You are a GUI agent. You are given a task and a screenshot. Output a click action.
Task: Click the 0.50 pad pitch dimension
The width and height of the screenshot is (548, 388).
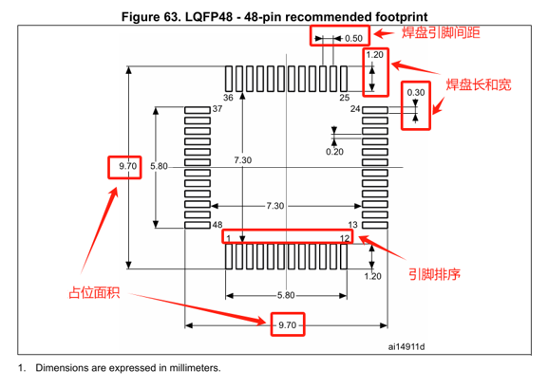point(353,38)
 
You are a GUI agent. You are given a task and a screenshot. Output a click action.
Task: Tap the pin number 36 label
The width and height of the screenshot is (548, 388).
point(228,98)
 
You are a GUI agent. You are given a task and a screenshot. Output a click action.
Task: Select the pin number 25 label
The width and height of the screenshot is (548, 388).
point(345,98)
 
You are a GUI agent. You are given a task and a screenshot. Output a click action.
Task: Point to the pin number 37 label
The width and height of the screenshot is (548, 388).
point(217,109)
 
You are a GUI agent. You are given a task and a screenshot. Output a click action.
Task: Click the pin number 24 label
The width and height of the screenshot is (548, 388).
point(355,109)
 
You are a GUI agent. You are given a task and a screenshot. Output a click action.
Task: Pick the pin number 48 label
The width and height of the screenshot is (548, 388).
point(217,225)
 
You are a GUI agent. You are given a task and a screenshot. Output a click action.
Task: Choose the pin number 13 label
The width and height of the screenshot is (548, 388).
point(352,225)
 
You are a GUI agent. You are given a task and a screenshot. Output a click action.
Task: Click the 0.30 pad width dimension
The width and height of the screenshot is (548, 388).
point(416,93)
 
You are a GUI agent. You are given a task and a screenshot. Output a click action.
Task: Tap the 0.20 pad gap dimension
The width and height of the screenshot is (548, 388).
point(334,152)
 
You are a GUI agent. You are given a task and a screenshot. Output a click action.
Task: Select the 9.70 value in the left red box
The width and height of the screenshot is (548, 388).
point(128,166)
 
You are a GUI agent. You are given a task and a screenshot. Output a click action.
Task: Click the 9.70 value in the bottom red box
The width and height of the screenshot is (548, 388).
point(287,325)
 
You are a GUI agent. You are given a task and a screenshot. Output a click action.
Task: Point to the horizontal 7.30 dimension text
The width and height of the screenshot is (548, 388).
point(275,206)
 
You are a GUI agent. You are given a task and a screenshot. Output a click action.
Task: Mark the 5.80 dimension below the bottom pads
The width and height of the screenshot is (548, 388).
point(286,295)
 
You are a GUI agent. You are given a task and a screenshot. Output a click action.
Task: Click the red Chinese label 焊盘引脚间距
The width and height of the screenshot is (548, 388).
point(441,32)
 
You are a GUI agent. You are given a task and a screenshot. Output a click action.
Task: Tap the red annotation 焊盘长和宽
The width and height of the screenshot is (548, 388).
point(479,84)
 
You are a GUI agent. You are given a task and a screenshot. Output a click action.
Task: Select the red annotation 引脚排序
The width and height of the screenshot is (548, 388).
point(434,274)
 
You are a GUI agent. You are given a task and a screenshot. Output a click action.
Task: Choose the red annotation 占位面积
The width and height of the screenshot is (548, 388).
point(94,292)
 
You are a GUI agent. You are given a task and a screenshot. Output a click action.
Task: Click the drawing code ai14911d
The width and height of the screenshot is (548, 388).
point(406,347)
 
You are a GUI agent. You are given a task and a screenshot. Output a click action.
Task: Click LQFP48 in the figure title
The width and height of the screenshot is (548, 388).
point(209,17)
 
